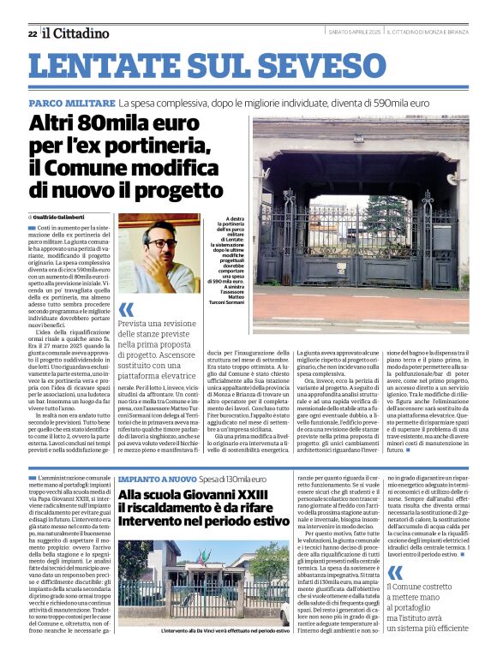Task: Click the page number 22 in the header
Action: click(32, 33)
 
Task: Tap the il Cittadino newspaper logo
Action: click(76, 33)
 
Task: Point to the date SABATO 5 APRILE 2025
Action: click(354, 33)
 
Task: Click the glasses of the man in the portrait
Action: click(158, 243)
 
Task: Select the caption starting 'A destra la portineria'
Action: click(227, 248)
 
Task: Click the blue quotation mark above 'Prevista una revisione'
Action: click(126, 309)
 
